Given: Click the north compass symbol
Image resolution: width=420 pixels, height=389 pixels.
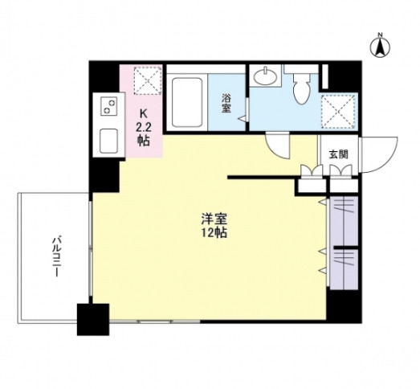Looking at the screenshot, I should (380, 46).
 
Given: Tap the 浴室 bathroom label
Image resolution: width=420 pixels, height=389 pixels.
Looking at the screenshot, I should (227, 104).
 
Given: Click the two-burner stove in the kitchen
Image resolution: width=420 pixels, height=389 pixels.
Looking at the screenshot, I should (108, 104).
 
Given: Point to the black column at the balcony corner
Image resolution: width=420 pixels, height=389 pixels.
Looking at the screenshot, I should (92, 319).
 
